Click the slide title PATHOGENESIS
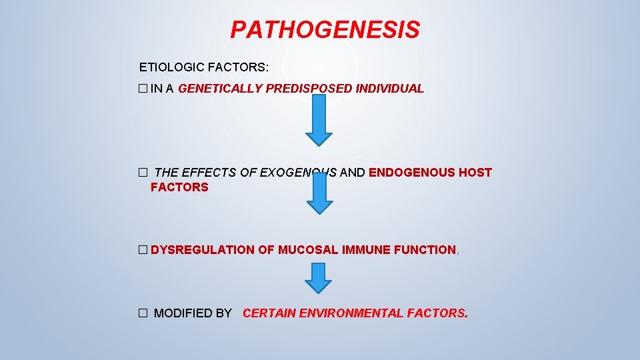325,30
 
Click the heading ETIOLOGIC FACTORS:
204,67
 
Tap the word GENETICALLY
221,89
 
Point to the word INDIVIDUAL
390,89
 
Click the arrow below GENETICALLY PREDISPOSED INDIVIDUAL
319,120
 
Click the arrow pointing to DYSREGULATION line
319,193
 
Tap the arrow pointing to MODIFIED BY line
319,277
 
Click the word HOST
476,173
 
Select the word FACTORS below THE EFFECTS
179,188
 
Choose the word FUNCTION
425,250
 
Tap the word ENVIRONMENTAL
345,313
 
